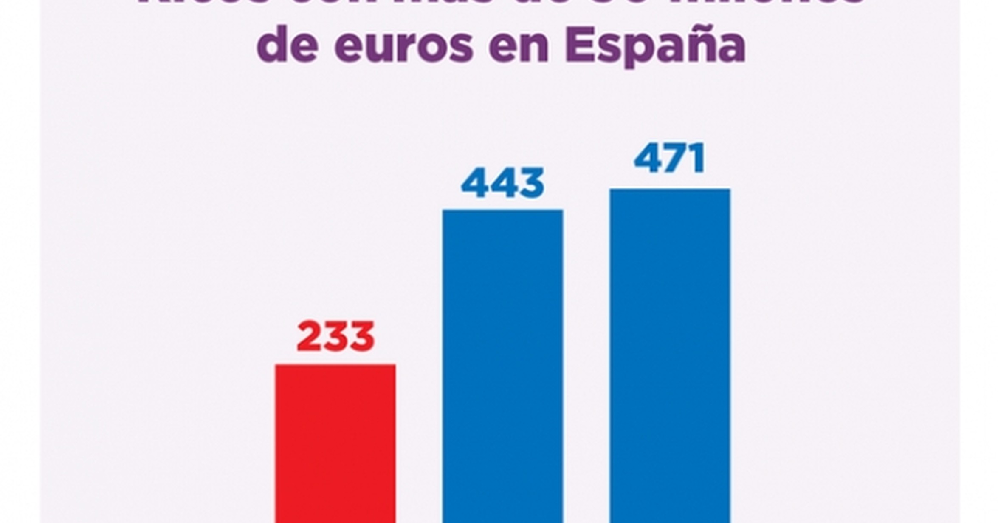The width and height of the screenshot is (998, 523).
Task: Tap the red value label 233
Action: click(335, 337)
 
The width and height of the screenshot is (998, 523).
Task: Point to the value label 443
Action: click(503, 183)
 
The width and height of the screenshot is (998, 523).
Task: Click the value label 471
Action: click(670, 159)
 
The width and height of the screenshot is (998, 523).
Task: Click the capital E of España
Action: click(580, 44)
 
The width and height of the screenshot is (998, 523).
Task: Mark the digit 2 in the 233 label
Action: click(309, 337)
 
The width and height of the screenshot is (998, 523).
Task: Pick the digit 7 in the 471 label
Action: click(673, 159)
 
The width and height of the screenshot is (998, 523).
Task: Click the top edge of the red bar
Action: click(335, 365)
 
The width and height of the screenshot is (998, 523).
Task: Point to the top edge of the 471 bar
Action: click(670, 190)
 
